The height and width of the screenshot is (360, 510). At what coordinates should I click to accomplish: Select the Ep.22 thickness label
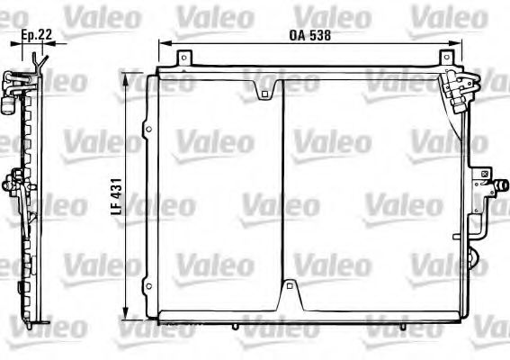click(33, 36)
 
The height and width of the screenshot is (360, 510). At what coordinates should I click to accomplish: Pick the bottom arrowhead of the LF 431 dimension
click(131, 315)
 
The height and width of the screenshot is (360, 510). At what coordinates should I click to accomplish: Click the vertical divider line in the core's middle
click(282, 189)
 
